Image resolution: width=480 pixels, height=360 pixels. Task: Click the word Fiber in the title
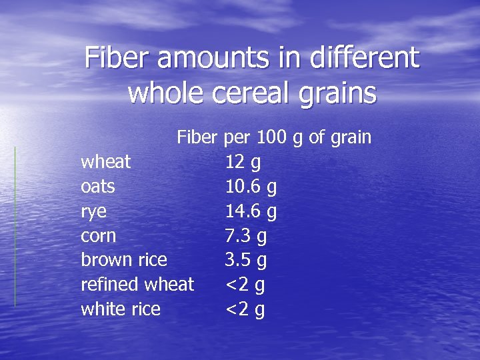coord(119,58)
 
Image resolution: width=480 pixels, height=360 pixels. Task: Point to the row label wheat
coord(105,162)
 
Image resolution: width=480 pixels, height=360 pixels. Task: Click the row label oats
coord(97,187)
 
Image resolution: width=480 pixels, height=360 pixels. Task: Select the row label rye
coord(93,213)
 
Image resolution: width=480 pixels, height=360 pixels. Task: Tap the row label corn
coord(98,236)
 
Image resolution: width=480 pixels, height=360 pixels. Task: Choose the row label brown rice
coord(124,260)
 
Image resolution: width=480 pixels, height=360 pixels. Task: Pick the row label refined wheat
coord(137,285)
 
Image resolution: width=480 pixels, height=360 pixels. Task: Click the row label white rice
coord(121,309)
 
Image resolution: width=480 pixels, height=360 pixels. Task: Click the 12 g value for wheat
coord(243,163)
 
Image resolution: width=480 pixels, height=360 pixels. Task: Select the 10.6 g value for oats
coord(251,187)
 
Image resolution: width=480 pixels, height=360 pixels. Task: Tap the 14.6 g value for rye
coord(251,212)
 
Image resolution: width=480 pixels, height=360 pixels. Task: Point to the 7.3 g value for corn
coord(246,236)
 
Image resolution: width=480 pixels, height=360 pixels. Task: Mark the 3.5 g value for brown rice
coord(246,260)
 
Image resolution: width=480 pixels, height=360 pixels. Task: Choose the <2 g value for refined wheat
coord(245,285)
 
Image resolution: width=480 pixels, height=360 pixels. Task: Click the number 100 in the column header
coord(271,138)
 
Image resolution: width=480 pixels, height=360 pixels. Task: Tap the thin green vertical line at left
coord(15,227)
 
